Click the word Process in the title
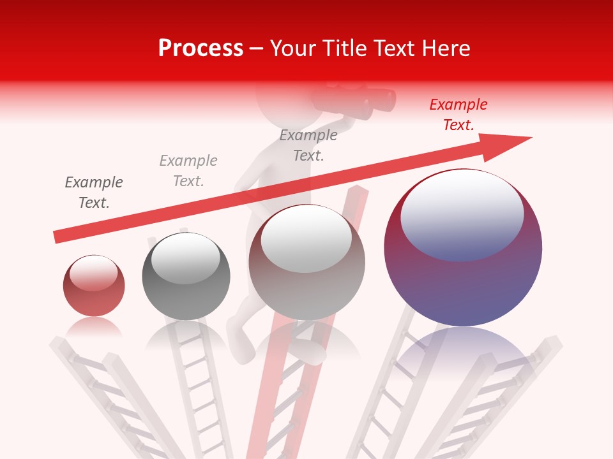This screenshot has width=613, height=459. [201, 48]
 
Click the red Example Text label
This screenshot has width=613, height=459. [458, 115]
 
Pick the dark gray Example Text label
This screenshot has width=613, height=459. [94, 193]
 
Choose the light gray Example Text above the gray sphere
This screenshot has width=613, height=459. [188, 171]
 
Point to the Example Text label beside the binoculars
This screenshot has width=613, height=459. [308, 145]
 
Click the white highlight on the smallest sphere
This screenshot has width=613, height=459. [93, 273]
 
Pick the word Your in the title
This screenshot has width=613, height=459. [294, 48]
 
